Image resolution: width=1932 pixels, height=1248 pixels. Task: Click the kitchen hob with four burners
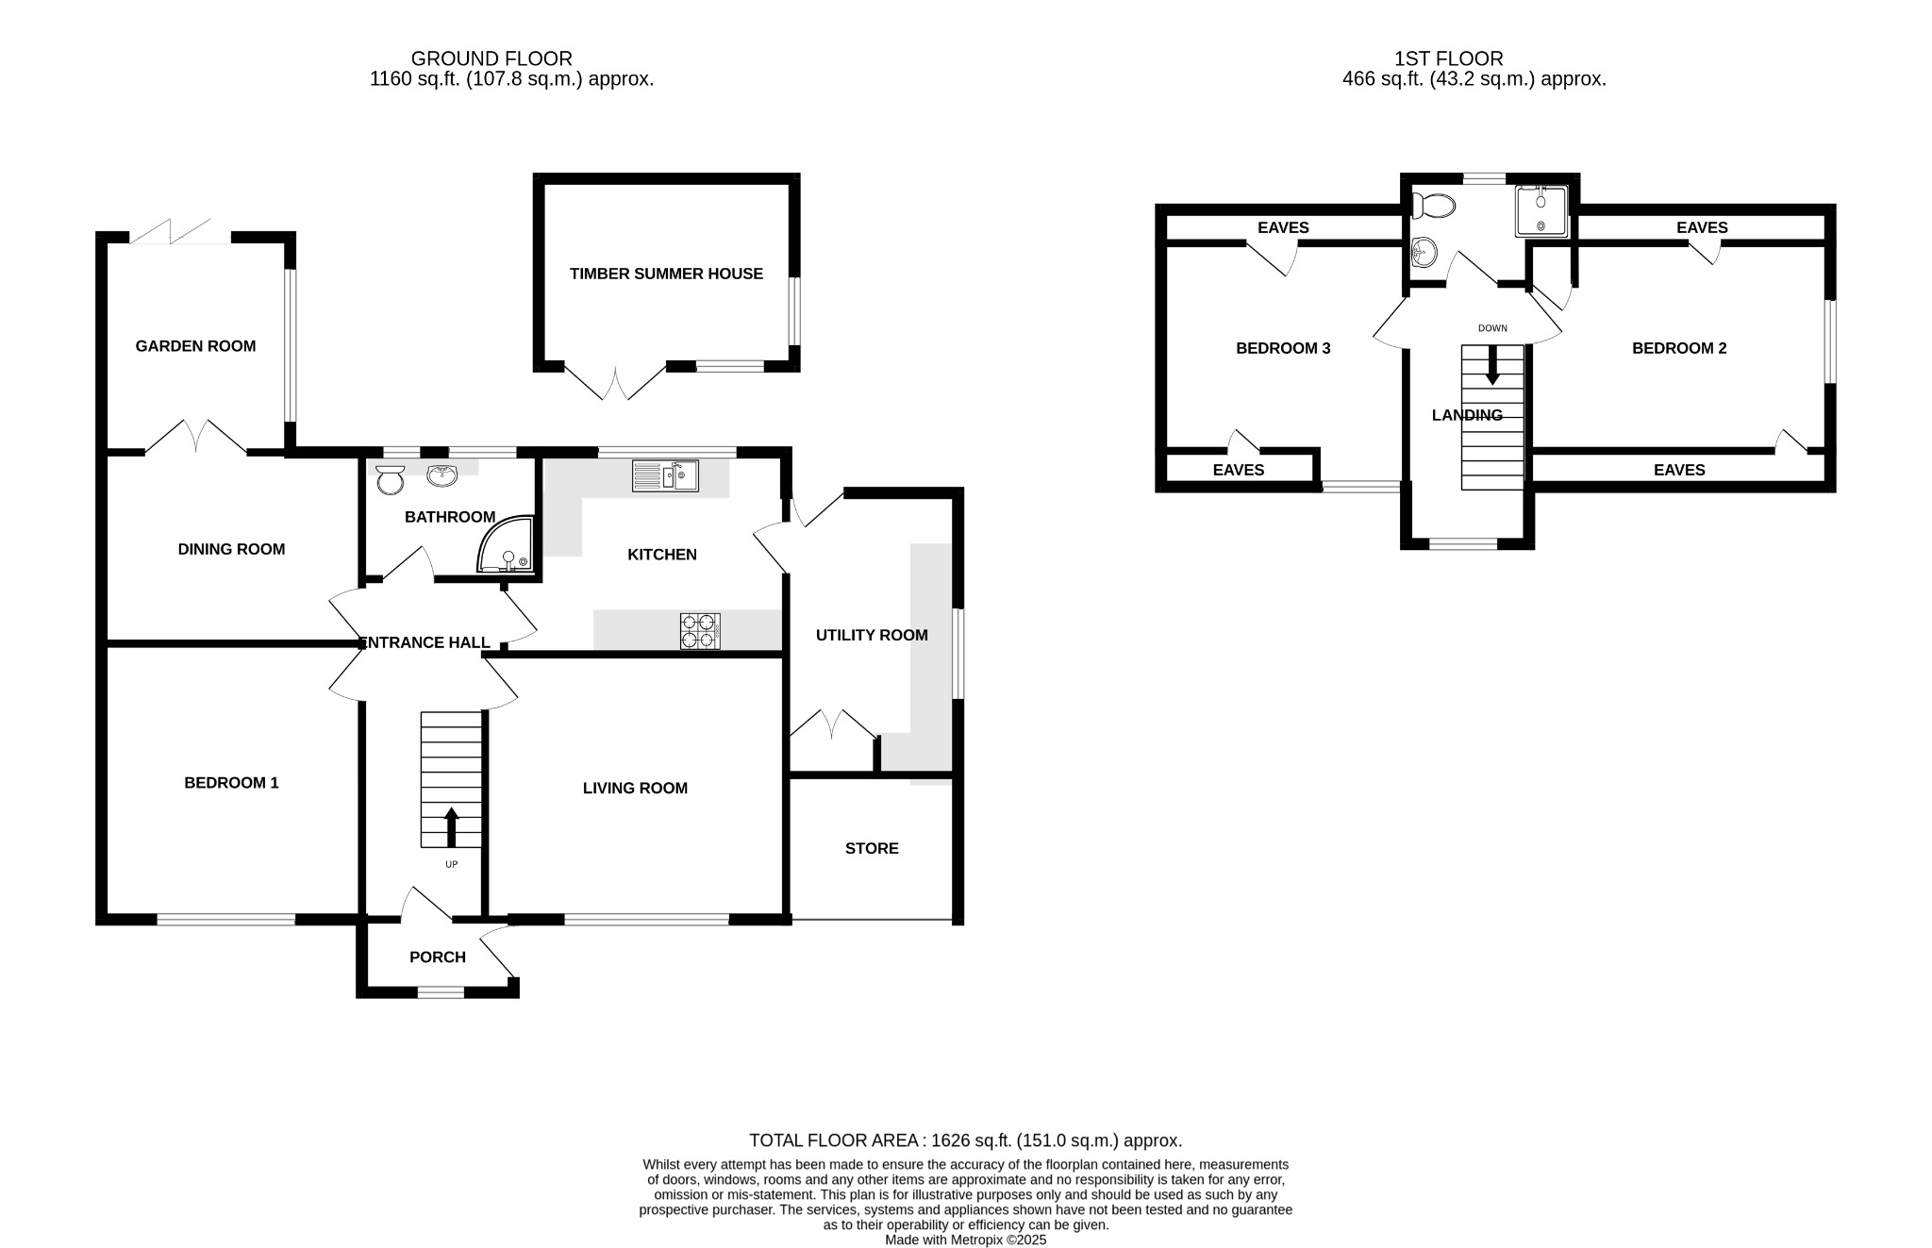(700, 631)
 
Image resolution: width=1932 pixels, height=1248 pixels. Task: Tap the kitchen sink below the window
(665, 475)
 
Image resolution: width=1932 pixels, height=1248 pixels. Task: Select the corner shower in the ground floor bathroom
(509, 546)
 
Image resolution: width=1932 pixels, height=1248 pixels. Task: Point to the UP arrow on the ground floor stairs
(451, 826)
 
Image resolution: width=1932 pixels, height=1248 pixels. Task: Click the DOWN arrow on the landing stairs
(1491, 365)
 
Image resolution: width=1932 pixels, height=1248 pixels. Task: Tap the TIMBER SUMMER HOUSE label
(666, 274)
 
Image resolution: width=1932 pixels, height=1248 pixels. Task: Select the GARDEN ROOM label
(195, 346)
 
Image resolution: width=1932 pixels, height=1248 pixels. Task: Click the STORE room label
(871, 848)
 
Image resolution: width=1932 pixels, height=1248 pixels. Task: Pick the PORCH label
(437, 957)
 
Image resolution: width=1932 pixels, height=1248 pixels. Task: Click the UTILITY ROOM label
(871, 635)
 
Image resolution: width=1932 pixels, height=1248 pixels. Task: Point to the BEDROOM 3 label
(1282, 348)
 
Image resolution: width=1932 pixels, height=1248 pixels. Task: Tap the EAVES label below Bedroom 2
(1678, 470)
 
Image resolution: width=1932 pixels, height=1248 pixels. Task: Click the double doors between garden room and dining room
(195, 438)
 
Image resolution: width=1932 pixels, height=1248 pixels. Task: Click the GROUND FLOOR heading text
(491, 58)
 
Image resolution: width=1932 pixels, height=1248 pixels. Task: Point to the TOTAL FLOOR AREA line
(965, 1140)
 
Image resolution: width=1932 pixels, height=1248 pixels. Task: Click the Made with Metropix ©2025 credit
(965, 1240)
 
